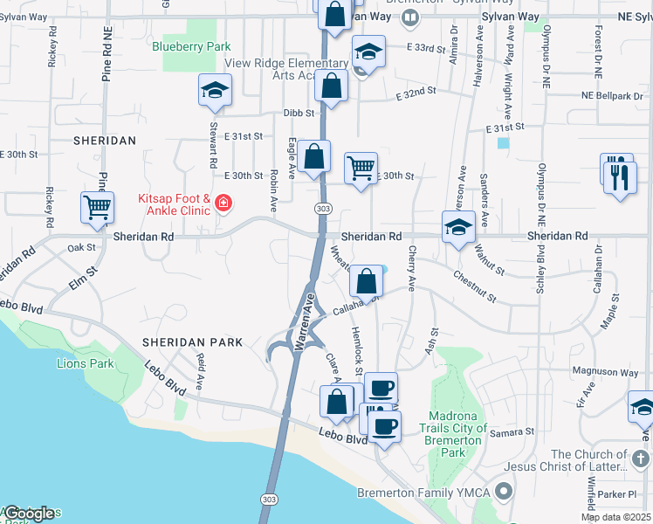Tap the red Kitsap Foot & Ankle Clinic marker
[x=223, y=204]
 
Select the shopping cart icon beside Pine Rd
[x=97, y=208]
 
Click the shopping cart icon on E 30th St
[x=361, y=167]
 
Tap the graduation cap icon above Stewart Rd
[x=215, y=91]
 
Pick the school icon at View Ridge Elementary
[x=368, y=52]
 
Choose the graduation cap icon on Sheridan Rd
[x=458, y=227]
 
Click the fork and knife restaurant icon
[x=620, y=177]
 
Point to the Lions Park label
[x=86, y=363]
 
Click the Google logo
[x=28, y=514]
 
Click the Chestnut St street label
[x=474, y=286]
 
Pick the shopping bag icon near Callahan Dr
[x=366, y=281]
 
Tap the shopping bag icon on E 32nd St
[x=332, y=86]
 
